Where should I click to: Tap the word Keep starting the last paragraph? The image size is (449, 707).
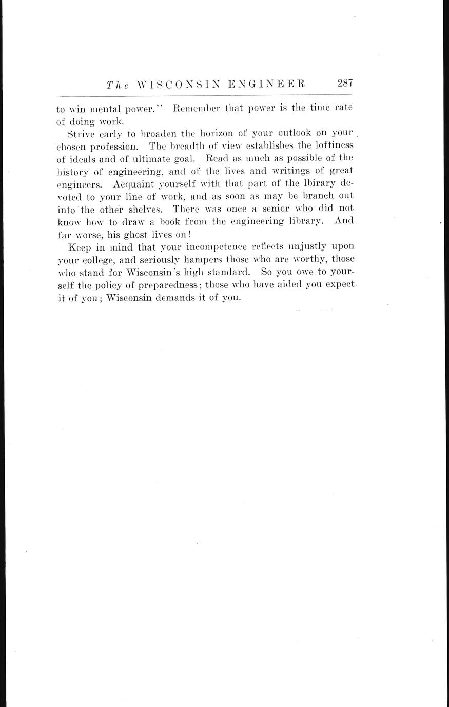79,246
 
